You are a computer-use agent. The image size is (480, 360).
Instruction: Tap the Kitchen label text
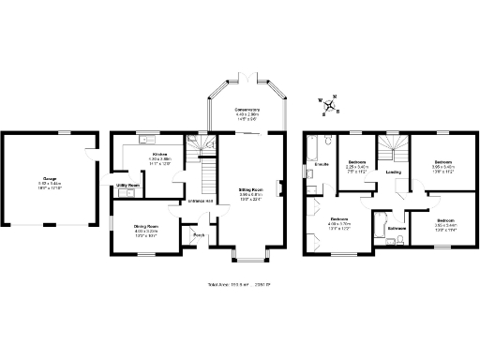point(160,153)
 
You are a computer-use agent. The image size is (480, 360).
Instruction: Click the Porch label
point(199,234)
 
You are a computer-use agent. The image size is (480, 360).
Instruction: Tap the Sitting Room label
point(248,190)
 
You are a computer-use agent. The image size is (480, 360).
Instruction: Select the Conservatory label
point(247,110)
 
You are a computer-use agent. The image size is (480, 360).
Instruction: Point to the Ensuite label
point(321,165)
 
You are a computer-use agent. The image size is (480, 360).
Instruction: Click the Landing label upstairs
point(394,172)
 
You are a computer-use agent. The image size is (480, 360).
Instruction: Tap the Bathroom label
point(397,228)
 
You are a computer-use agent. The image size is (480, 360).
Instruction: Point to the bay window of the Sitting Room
point(248,254)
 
